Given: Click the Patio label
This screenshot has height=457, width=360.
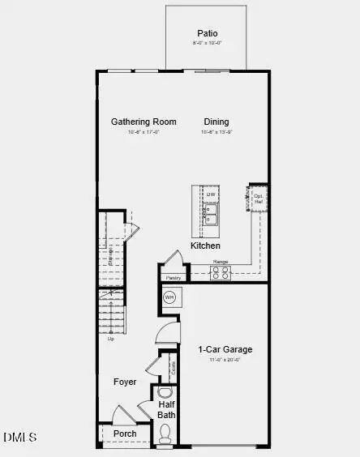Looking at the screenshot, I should (207, 33).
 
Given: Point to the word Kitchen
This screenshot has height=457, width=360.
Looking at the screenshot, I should (205, 245).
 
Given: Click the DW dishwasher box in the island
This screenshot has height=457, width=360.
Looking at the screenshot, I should (211, 194).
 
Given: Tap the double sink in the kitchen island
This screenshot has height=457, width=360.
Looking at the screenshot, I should (210, 213).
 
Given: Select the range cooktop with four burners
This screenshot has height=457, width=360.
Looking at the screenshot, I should (221, 274).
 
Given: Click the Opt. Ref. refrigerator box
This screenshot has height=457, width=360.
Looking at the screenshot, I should (259, 198).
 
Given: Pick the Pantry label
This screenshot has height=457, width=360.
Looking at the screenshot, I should (173, 278).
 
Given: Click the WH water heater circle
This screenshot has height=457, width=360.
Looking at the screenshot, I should (169, 298).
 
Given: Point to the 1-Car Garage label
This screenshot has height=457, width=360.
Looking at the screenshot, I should (225, 350).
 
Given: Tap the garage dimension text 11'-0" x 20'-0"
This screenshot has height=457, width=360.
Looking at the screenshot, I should (225, 361).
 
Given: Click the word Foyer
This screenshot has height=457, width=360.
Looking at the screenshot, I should (125, 382).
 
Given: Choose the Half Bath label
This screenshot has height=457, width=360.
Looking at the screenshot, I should (167, 409).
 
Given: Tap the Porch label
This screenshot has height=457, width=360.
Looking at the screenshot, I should (125, 434).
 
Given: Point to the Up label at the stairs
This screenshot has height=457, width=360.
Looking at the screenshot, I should (110, 338).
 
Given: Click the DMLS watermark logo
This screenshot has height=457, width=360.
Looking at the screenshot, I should (20, 438).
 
